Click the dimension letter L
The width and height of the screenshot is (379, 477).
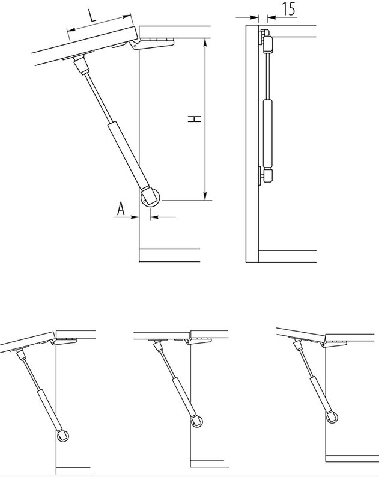(x=92, y=15)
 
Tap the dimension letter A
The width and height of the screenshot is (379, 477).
(x=121, y=208)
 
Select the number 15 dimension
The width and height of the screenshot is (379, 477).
(x=289, y=8)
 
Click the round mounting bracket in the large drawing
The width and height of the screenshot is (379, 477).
(x=150, y=198)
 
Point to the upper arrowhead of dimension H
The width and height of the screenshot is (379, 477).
(x=205, y=43)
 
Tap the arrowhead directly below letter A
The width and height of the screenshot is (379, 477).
(x=135, y=217)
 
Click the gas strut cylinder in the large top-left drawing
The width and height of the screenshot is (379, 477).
(x=129, y=154)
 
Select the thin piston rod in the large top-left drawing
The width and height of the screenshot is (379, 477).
(x=97, y=97)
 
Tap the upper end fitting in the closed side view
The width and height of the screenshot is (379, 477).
(x=266, y=40)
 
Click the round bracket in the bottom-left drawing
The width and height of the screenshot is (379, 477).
(x=63, y=436)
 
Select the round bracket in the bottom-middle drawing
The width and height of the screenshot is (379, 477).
(x=197, y=421)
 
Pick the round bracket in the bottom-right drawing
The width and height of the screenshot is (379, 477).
(x=332, y=417)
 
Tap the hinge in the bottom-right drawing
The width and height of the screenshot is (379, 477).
(x=334, y=344)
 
